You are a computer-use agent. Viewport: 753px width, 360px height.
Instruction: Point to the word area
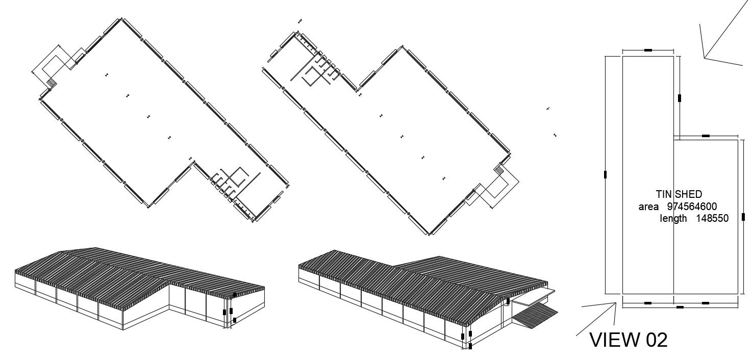[648, 207]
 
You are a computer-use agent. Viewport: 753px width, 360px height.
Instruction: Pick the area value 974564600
[692, 207]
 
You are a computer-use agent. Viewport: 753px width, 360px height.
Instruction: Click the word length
[673, 218]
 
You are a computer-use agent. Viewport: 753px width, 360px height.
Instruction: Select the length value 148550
[713, 218]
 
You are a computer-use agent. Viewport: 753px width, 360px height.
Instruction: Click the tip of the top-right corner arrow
[705, 58]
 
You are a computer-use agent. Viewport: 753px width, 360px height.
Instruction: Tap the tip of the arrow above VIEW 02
[616, 304]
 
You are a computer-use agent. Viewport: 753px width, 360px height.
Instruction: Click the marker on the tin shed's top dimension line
[647, 50]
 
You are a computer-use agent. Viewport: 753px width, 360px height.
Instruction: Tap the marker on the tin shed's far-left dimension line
[606, 174]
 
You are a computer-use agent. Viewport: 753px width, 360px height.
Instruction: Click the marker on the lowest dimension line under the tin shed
[680, 307]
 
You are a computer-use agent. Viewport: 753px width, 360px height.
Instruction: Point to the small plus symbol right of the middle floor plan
[548, 109]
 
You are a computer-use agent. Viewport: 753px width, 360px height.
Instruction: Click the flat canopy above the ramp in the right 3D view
[534, 295]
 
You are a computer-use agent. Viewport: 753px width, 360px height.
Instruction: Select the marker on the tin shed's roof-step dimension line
[706, 136]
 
